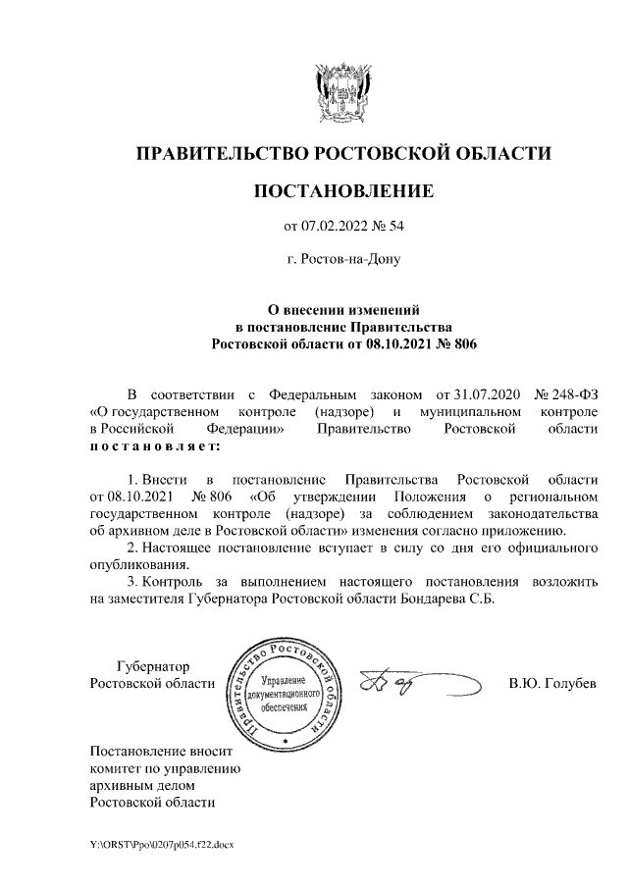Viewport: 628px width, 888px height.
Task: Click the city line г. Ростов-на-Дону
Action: click(x=342, y=261)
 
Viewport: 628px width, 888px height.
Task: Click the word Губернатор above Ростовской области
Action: click(x=152, y=666)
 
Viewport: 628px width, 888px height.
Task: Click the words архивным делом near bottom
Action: click(x=141, y=786)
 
